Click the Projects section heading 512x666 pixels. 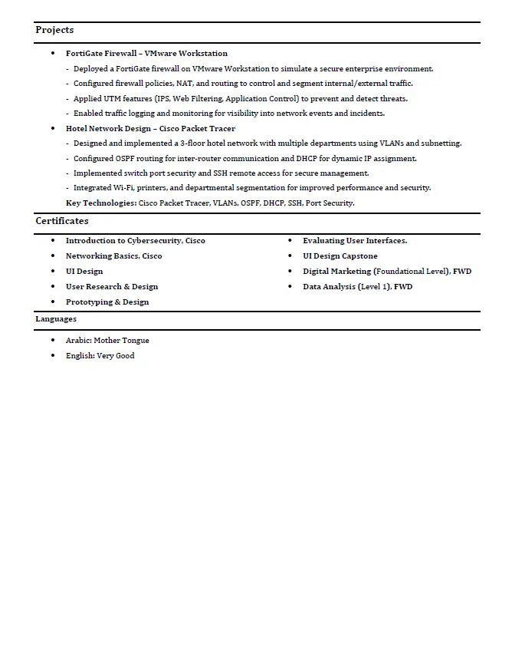click(54, 30)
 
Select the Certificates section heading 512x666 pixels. click(62, 221)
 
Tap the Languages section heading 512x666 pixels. click(56, 318)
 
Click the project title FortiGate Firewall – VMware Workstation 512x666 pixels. click(146, 54)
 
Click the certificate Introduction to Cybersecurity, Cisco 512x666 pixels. click(136, 241)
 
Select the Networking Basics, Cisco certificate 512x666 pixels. click(114, 256)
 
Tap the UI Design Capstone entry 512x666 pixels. click(340, 256)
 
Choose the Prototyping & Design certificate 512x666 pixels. click(107, 302)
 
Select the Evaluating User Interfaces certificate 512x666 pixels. click(355, 241)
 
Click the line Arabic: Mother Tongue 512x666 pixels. click(107, 341)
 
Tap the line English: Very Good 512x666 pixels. click(100, 356)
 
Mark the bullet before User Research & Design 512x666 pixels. click(52, 287)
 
